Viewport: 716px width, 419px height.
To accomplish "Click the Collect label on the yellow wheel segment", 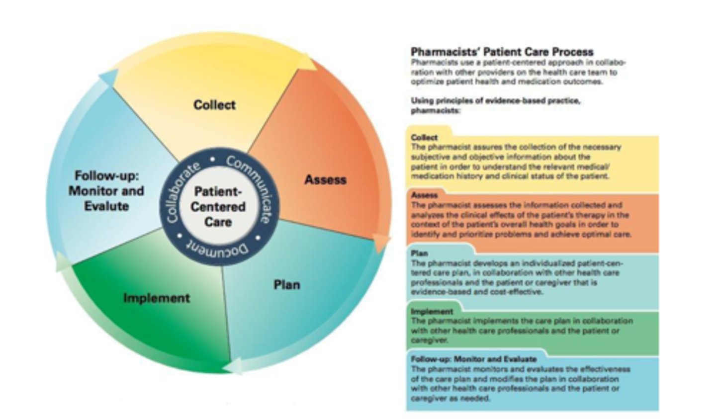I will pyautogui.click(x=214, y=105).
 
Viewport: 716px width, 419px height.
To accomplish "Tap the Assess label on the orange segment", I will pyautogui.click(x=325, y=179).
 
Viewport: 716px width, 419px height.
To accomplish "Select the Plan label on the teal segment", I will pyautogui.click(x=287, y=285).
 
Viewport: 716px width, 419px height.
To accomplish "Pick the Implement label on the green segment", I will pyautogui.click(x=157, y=298).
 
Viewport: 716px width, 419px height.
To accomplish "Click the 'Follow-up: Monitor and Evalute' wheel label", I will pyautogui.click(x=106, y=191).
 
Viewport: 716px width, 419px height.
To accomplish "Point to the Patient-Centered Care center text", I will pyautogui.click(x=218, y=206).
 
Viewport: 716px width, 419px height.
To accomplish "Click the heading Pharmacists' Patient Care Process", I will pyautogui.click(x=502, y=52).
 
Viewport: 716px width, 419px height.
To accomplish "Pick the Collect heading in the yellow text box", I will pyautogui.click(x=424, y=137).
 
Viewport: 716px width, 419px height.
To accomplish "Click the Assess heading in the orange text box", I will pyautogui.click(x=424, y=195).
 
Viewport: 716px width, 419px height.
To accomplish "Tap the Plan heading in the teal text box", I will pyautogui.click(x=419, y=253).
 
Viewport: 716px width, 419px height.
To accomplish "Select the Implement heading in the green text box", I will pyautogui.click(x=432, y=311).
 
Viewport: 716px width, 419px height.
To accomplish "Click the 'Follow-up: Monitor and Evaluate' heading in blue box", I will pyautogui.click(x=473, y=359).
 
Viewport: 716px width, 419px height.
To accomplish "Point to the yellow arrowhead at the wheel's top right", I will pyautogui.click(x=307, y=63).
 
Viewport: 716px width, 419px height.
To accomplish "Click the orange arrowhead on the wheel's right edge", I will pyautogui.click(x=381, y=242).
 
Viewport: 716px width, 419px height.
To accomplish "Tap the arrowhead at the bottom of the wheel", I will pyautogui.click(x=232, y=368).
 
